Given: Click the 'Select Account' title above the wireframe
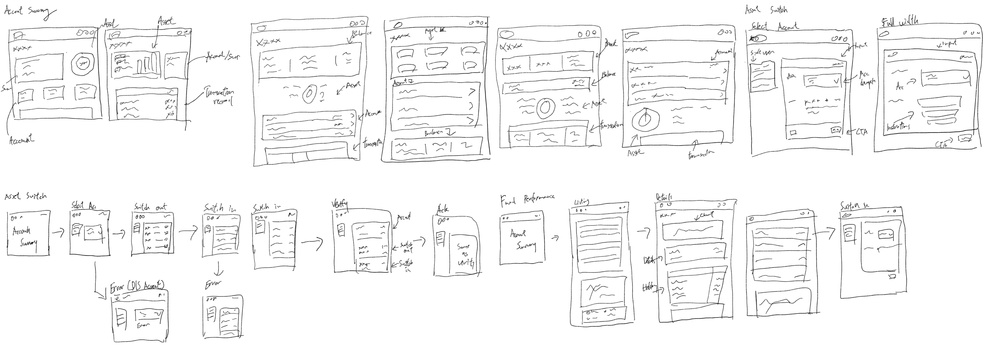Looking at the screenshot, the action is (774, 26).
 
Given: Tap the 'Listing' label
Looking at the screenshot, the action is (581, 202).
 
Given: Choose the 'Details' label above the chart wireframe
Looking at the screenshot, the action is (664, 197).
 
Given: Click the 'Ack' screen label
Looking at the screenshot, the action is (443, 209).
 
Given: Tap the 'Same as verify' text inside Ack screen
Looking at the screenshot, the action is (464, 255).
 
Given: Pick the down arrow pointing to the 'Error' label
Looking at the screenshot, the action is (218, 269).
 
